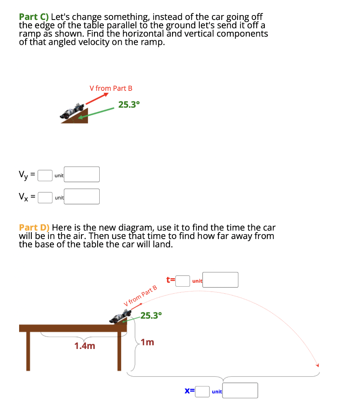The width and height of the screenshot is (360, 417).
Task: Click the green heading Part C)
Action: [x=34, y=18]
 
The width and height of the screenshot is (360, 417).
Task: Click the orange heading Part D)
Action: [x=34, y=228]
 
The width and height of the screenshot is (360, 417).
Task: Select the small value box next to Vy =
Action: [x=45, y=175]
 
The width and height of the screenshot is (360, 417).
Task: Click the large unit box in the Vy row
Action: [x=82, y=174]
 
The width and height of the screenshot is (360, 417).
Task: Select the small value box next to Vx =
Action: [x=45, y=197]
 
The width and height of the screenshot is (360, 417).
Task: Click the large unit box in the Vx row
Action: [x=82, y=196]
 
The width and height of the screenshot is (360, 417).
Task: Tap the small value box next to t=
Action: [x=183, y=281]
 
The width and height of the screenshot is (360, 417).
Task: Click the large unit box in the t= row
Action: [x=220, y=280]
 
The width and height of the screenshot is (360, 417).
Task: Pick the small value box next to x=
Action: [x=202, y=391]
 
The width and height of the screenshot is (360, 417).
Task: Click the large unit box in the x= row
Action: [x=240, y=391]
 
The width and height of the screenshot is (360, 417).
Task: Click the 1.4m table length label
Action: [x=85, y=346]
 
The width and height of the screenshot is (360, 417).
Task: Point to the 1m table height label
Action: [x=148, y=342]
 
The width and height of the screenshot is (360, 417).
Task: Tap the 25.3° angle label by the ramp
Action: [x=129, y=105]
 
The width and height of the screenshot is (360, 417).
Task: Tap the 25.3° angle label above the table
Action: [x=151, y=315]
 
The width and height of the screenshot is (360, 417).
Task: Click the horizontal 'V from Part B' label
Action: [x=111, y=88]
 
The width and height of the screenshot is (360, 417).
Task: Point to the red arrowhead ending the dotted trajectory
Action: [x=318, y=364]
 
